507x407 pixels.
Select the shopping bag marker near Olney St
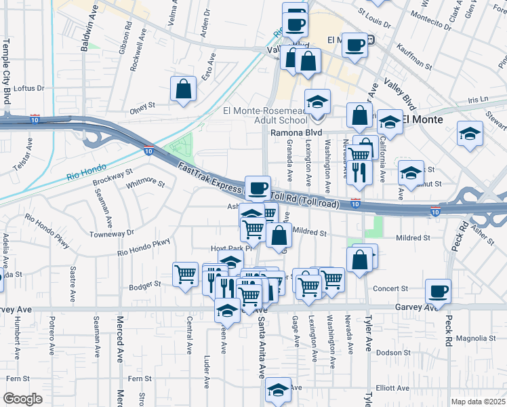(184, 89)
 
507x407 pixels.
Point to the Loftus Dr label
(28, 88)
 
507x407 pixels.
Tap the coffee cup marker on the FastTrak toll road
(257, 188)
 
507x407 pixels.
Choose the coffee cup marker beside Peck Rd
(438, 291)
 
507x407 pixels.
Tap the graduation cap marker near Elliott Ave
(278, 390)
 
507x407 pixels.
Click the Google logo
(22, 399)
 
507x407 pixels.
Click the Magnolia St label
(476, 338)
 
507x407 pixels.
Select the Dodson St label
(394, 353)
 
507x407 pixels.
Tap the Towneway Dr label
(112, 233)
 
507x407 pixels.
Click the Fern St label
(141, 378)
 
